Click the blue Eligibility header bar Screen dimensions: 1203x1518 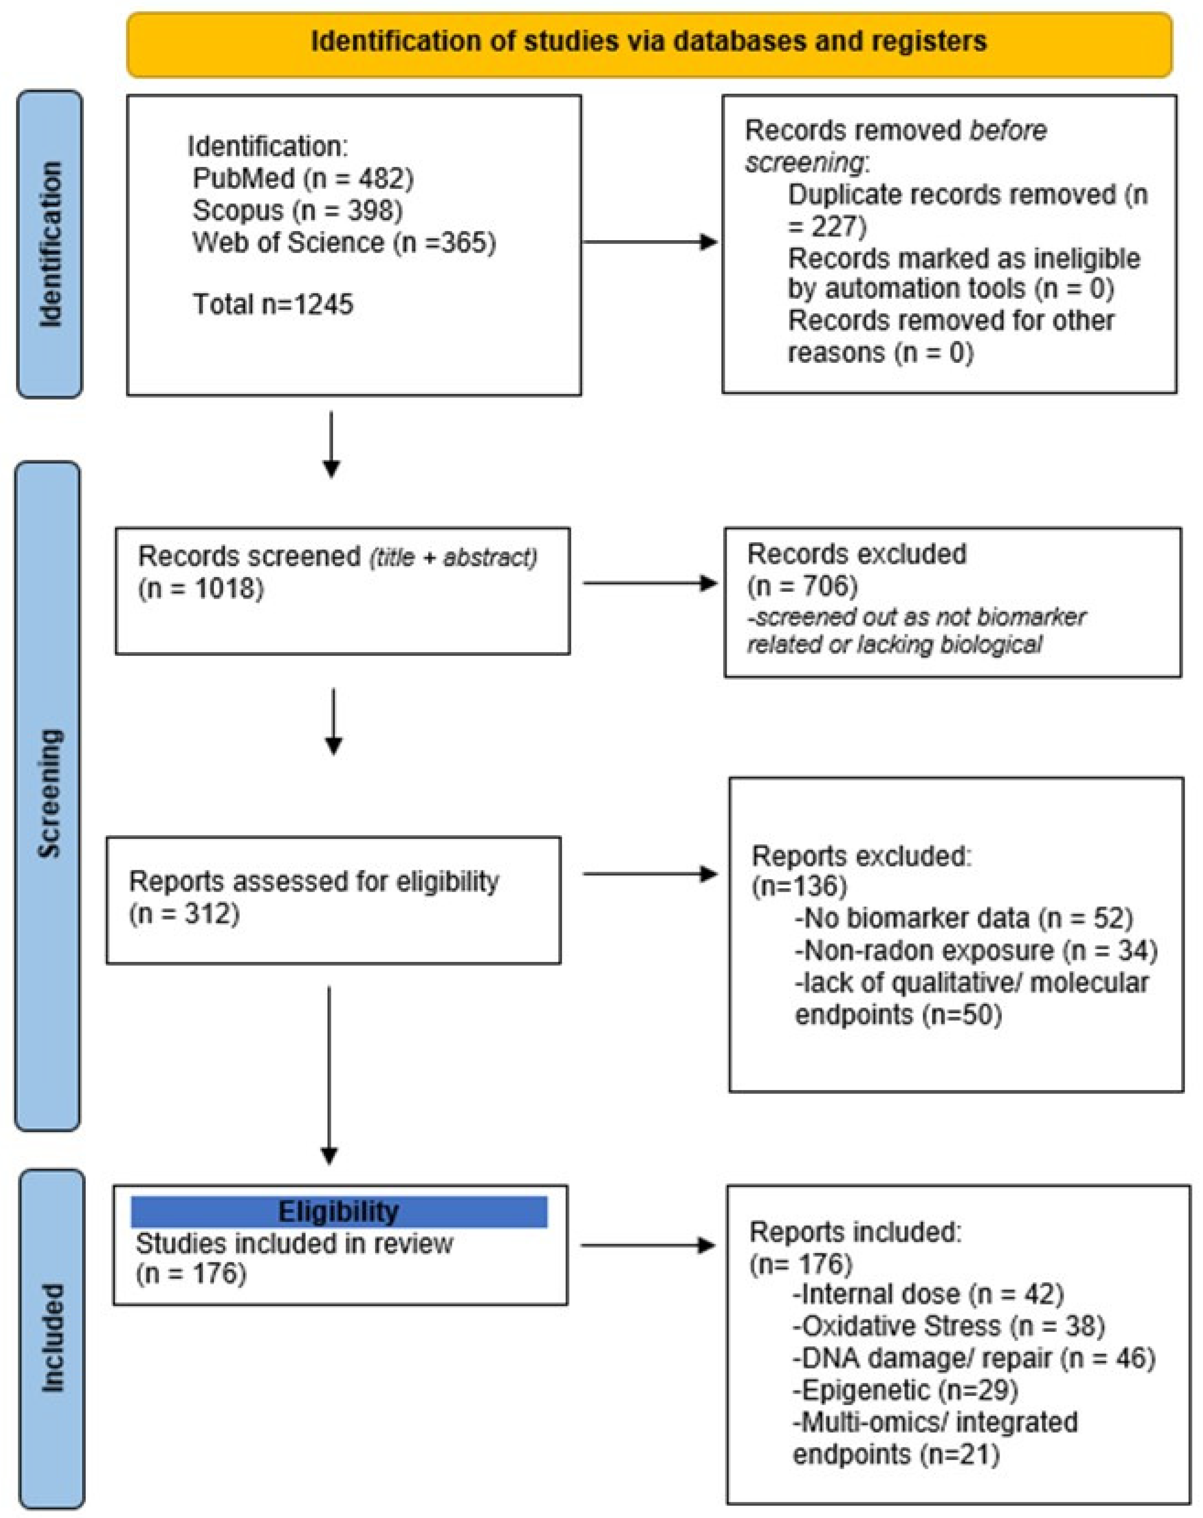(x=339, y=1212)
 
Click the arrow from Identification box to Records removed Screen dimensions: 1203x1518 (x=650, y=242)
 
